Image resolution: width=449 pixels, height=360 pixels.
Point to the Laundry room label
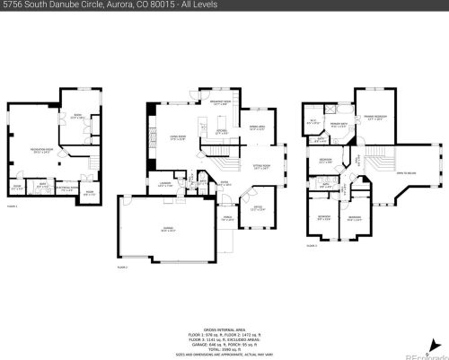coord(165,184)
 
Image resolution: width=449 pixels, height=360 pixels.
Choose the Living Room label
coord(178,137)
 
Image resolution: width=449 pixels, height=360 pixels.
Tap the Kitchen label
coord(210,133)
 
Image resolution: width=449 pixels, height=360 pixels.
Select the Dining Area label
coord(255,127)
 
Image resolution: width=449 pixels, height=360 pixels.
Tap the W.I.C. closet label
coord(314,121)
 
